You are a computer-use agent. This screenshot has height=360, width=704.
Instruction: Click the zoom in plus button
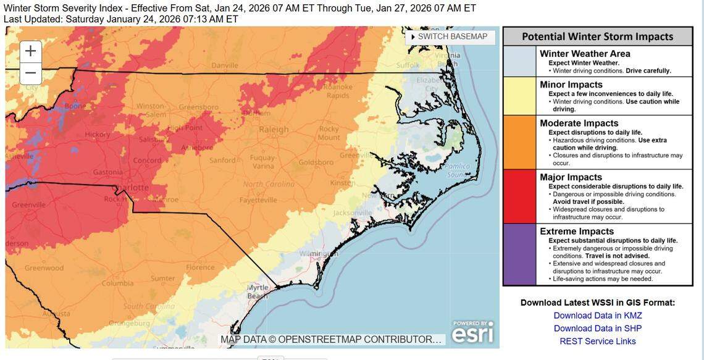pyautogui.click(x=31, y=51)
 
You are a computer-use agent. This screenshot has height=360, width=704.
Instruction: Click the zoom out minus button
pyautogui.click(x=31, y=73)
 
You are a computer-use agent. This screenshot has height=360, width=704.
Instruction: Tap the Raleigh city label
pyautogui.click(x=274, y=130)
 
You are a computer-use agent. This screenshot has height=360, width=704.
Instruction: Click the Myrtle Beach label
pyautogui.click(x=258, y=291)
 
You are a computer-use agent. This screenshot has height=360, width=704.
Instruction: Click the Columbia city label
pyautogui.click(x=117, y=283)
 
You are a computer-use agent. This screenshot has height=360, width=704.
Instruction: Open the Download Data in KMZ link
pyautogui.click(x=597, y=316)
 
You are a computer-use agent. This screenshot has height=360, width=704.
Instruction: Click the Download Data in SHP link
pyautogui.click(x=597, y=329)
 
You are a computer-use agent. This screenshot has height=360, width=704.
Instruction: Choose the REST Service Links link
pyautogui.click(x=597, y=341)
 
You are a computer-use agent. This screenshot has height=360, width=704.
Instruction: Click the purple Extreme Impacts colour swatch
pyautogui.click(x=519, y=254)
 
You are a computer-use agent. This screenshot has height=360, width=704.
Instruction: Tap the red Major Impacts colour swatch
pyautogui.click(x=519, y=196)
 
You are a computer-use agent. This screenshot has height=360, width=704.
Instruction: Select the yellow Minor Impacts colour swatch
pyautogui.click(x=519, y=96)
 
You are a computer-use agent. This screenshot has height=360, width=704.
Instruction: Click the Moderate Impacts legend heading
pyautogui.click(x=579, y=123)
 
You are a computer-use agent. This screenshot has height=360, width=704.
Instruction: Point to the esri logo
pyautogui.click(x=472, y=332)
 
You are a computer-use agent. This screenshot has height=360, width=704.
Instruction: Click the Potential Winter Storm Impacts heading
pyautogui.click(x=597, y=36)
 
